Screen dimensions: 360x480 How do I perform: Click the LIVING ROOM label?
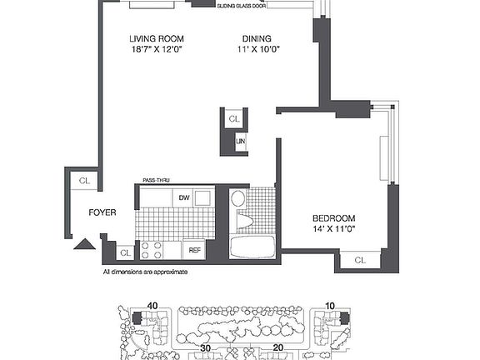click(156, 38)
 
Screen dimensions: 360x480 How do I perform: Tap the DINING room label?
click(256, 38)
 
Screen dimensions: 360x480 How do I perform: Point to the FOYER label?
click(102, 212)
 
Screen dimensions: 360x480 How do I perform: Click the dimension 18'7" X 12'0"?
click(156, 50)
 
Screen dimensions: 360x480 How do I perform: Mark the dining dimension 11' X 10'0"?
click(256, 50)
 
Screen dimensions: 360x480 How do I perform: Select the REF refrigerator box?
click(194, 249)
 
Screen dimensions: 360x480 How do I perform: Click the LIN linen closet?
click(241, 142)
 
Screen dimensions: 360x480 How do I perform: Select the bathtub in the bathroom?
click(251, 248)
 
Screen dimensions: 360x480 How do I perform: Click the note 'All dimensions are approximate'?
click(145, 272)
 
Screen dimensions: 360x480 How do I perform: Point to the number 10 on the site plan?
click(330, 306)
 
